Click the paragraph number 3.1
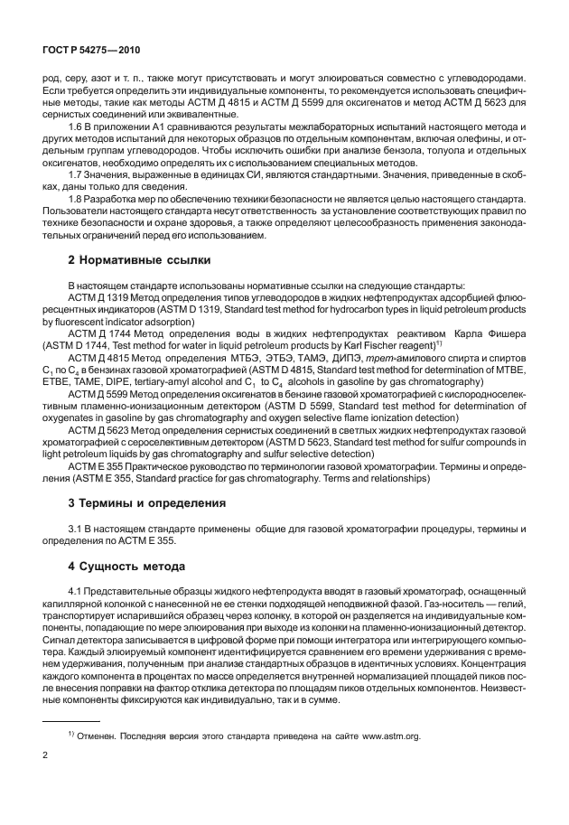[x=77, y=528]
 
